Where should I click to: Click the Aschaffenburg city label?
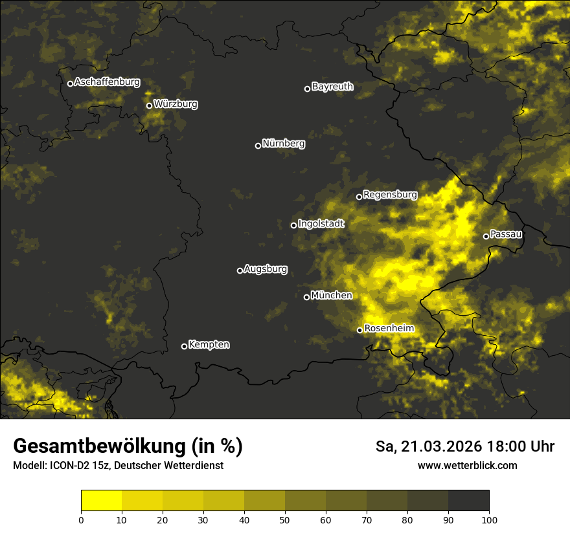[107, 82]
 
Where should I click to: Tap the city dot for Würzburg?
[149, 105]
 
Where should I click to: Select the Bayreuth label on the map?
[332, 87]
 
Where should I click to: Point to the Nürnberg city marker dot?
[258, 146]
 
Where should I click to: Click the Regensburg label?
[390, 194]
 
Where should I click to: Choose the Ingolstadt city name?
[321, 224]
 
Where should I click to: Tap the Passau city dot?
[486, 236]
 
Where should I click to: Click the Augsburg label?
[266, 269]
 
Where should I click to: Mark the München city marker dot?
[306, 297]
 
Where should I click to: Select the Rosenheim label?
[389, 329]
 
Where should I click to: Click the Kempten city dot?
[184, 346]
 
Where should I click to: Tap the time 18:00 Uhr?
[523, 446]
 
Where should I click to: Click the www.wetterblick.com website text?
[467, 465]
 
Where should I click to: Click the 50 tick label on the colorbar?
[285, 520]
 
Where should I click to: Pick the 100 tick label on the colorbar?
[489, 520]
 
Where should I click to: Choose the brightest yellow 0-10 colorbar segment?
[101, 500]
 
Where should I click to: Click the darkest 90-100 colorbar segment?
[468, 500]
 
